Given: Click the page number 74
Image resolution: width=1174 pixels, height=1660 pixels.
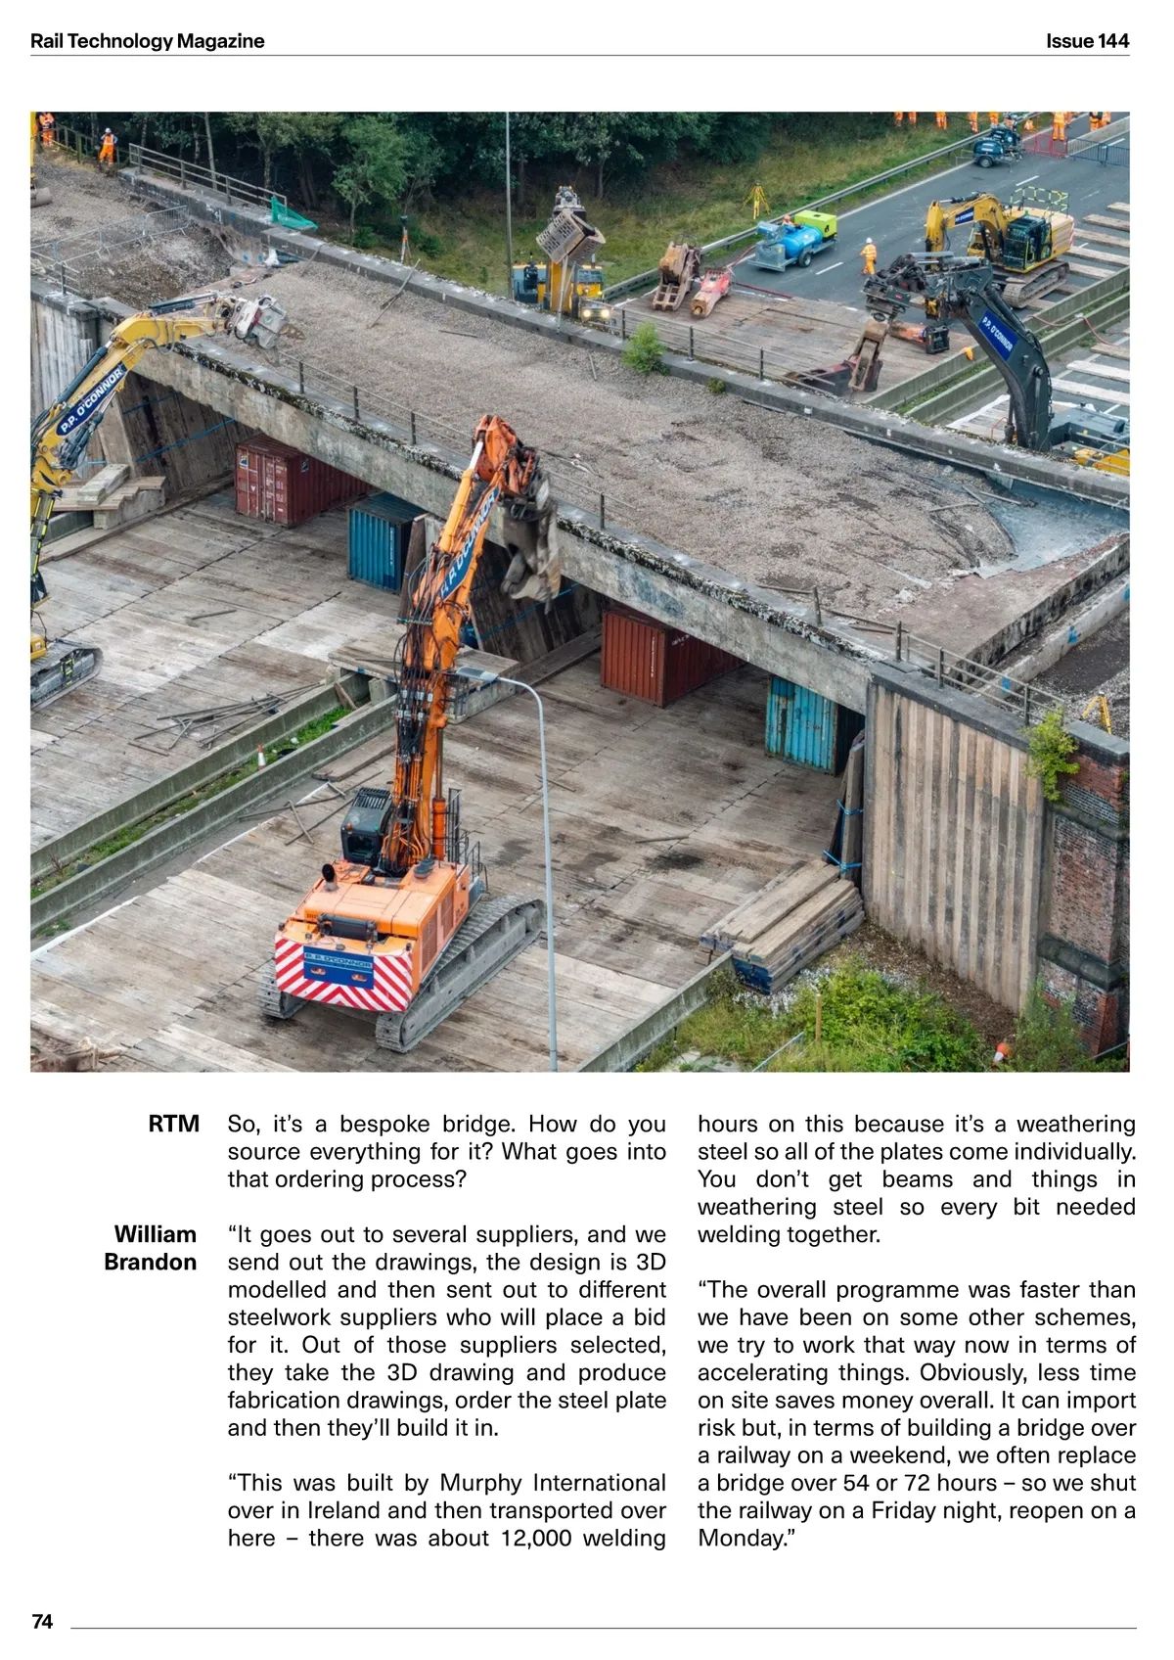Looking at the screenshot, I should [x=42, y=1622].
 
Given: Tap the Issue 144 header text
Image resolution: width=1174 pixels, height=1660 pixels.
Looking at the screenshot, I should [x=1087, y=41].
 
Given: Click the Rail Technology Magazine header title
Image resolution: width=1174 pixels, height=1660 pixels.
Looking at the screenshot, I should [x=147, y=41].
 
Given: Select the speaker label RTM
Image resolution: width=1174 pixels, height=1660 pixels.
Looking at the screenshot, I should [x=174, y=1124].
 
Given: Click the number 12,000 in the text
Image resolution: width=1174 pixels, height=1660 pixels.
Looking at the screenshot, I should [x=536, y=1538].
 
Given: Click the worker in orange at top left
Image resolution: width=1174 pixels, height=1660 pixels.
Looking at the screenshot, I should [x=107, y=144].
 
